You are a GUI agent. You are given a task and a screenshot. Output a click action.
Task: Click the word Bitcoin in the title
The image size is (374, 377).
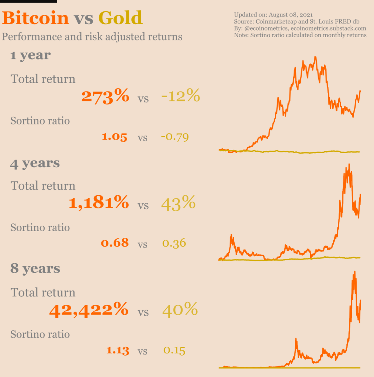[x=36, y=18]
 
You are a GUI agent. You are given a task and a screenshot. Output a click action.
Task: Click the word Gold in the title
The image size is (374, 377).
[x=120, y=18]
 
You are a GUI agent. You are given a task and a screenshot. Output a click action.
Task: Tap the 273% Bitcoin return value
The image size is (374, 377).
[x=105, y=96]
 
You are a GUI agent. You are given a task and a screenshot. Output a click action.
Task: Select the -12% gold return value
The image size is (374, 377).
[x=180, y=96]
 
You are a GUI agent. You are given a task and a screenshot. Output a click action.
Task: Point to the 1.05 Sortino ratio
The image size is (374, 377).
[x=115, y=137]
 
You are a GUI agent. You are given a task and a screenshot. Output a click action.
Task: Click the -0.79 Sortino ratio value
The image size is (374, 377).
[x=175, y=137]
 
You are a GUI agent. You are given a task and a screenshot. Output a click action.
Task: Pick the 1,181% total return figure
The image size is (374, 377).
[x=99, y=203]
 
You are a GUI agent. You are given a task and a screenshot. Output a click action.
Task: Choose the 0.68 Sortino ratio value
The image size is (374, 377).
[x=115, y=243]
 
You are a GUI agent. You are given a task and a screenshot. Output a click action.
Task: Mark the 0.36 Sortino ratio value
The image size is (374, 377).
[x=174, y=243]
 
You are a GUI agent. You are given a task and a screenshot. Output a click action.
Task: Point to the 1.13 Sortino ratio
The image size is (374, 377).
[x=118, y=350]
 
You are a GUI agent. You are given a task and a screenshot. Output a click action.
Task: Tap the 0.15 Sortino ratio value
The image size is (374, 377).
[x=174, y=350]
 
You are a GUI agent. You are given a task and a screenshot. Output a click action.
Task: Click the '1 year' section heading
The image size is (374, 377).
[x=31, y=56]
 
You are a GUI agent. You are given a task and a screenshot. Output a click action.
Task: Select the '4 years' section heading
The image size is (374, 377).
[x=35, y=163]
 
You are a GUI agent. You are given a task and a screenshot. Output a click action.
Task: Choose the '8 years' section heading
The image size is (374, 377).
[x=35, y=269]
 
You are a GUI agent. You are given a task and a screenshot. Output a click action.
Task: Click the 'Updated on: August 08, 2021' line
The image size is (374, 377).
[x=273, y=15]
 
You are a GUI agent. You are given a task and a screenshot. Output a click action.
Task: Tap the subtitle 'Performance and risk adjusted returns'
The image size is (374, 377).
[x=92, y=37]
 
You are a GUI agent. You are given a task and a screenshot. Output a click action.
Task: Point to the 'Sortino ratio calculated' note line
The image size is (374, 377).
[x=300, y=35]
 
